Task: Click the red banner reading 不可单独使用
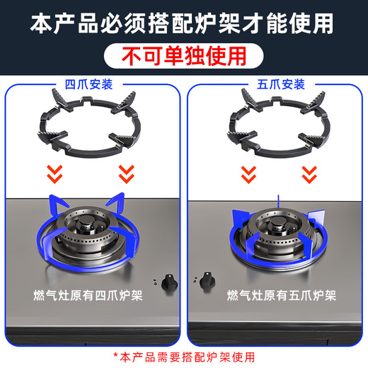pos(184,54)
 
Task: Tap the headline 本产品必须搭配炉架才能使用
pos(183,23)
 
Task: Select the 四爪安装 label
pos(92,84)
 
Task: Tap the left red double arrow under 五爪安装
pos(248,171)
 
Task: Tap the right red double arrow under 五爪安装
pos(309,171)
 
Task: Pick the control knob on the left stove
pos(169,279)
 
